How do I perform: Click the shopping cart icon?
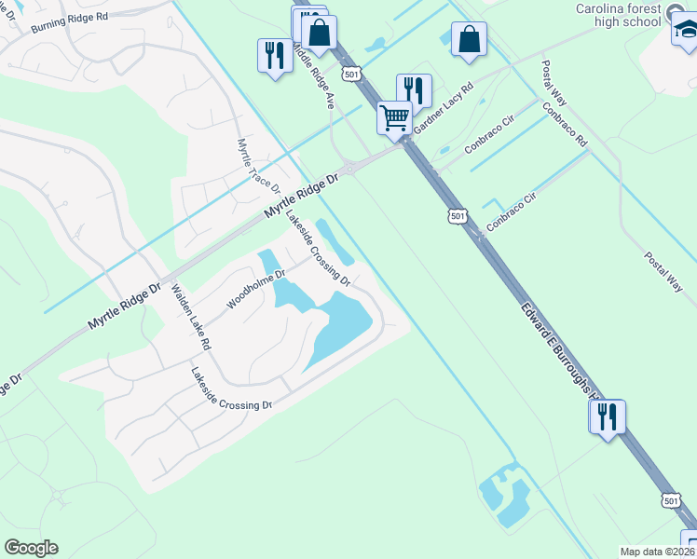pos(395,117)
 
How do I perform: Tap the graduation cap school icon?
pos(684,33)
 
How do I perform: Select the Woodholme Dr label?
pos(254,289)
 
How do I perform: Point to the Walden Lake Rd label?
pos(190,317)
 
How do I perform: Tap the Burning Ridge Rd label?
pos(69,21)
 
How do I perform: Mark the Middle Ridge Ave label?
pos(313,75)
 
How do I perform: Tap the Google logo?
pos(31,548)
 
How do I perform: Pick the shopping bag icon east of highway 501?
pos(469,40)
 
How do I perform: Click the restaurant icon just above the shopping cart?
pos(413,91)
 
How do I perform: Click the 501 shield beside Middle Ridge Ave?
pos(350,74)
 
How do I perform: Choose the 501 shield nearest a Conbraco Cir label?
pos(457,216)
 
